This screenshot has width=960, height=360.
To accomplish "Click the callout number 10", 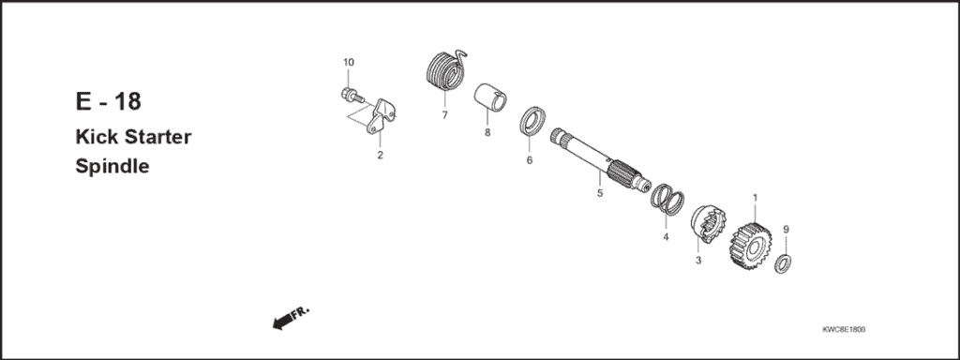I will tap(348, 63).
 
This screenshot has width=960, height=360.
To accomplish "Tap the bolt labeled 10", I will tap(348, 95).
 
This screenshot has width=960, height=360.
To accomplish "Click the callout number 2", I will tap(380, 155).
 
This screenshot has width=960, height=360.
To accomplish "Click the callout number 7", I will tap(444, 115).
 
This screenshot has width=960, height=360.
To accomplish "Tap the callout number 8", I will tap(487, 133).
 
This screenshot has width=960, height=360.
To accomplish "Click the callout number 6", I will tap(530, 160).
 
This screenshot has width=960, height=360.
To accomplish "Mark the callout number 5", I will tap(599, 194).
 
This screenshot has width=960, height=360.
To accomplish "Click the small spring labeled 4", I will tap(667, 200).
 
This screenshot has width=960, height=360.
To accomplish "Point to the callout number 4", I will tap(665, 237).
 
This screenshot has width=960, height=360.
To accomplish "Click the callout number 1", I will tap(755, 198).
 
